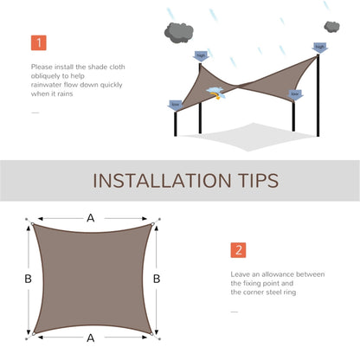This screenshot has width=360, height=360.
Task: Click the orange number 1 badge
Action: (x=39, y=42)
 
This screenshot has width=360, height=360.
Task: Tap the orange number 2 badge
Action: (x=238, y=250)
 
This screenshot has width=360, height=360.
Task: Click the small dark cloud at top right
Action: (x=331, y=28)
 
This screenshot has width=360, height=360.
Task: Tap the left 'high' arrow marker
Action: (x=202, y=55)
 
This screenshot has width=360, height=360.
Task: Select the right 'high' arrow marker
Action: (x=320, y=48)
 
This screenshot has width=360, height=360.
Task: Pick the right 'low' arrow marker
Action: (x=295, y=93)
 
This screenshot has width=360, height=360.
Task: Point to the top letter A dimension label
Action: (x=91, y=218)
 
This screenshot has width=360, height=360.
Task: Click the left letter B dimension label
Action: (x=29, y=279)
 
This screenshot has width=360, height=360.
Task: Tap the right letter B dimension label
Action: (x=156, y=279)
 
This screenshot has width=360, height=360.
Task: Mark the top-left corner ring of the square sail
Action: (x=33, y=224)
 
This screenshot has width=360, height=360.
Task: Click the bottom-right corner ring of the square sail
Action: (x=151, y=333)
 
